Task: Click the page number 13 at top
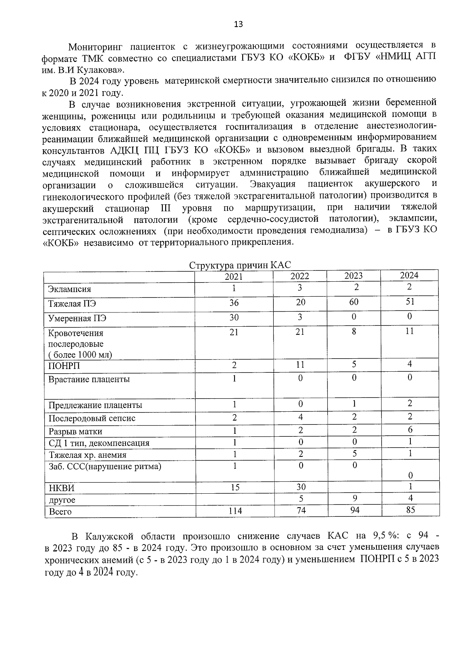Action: tap(238, 25)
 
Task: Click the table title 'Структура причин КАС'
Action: tap(240, 266)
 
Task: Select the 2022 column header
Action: tap(300, 276)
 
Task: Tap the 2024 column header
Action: tap(409, 275)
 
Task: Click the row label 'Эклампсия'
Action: tap(69, 289)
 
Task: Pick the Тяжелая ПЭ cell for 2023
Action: tap(353, 302)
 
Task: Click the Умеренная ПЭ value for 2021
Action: tap(234, 317)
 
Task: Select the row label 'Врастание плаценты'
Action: tap(89, 379)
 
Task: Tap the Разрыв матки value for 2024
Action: tap(410, 429)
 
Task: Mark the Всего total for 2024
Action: tap(410, 510)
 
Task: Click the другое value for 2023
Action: tap(354, 498)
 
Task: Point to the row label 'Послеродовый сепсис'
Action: tap(92, 418)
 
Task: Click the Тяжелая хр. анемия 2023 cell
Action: tap(354, 454)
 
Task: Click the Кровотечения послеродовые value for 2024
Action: tap(410, 331)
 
